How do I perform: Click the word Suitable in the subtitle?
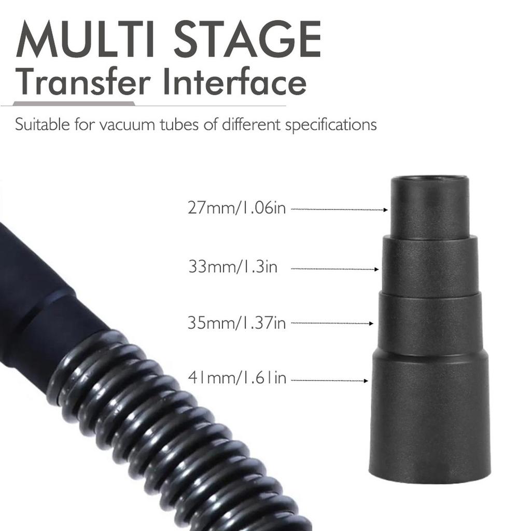click(40, 125)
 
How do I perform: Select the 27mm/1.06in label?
click(236, 209)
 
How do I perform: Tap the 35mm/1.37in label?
click(236, 323)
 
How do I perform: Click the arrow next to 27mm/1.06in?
click(340, 209)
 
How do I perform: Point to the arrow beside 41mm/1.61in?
click(329, 381)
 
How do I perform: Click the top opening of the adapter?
click(430, 181)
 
